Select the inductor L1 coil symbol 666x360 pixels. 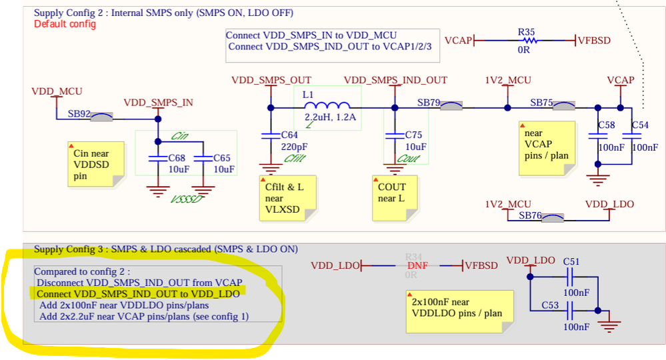pyautogui.click(x=327, y=107)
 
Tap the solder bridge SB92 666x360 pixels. pyautogui.click(x=101, y=117)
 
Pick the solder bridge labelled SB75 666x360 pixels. pyautogui.click(x=563, y=107)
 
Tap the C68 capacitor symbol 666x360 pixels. pyautogui.click(x=158, y=159)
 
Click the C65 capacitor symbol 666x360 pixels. pyautogui.click(x=203, y=159)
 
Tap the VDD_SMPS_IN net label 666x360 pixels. pyautogui.click(x=159, y=102)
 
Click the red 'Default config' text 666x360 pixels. pyautogui.click(x=65, y=24)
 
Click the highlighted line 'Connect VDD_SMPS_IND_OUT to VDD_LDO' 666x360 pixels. pyautogui.click(x=138, y=294)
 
